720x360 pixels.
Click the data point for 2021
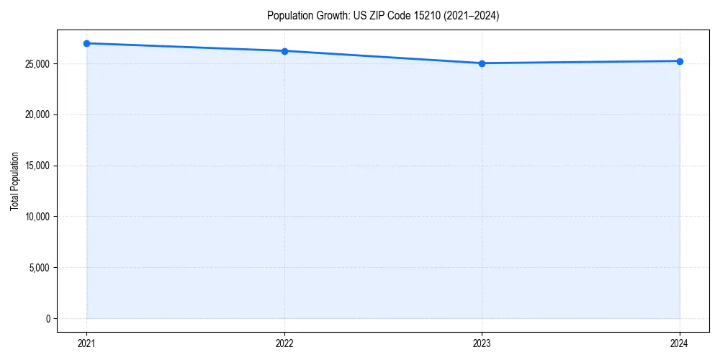click(86, 43)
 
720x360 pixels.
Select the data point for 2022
click(284, 51)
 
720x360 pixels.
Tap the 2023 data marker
click(482, 63)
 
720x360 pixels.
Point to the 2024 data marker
click(680, 61)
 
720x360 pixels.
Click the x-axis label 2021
click(86, 343)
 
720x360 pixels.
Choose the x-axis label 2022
click(284, 343)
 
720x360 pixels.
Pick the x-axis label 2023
click(482, 343)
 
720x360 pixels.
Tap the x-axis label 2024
click(680, 343)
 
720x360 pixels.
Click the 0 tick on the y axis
click(48, 318)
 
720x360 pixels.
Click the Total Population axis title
click(14, 181)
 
